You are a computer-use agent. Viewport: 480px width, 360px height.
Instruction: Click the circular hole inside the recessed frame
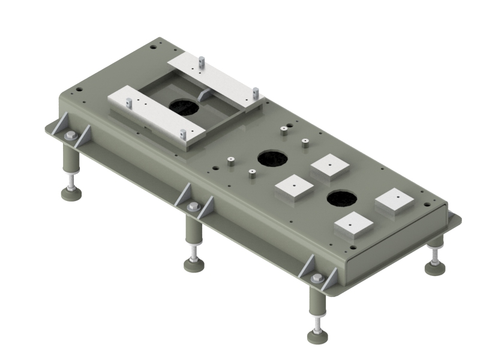183,107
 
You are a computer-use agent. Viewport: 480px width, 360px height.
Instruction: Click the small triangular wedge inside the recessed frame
204,95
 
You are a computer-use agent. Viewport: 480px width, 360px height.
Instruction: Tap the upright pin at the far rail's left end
202,61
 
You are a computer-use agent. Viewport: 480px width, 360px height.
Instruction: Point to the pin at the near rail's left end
129,102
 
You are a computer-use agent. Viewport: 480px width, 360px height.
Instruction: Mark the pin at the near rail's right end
182,134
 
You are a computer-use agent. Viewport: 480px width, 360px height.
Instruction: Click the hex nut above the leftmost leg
70,135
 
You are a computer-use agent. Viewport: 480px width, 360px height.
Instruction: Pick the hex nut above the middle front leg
192,207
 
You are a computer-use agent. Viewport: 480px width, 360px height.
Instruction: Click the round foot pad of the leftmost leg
72,193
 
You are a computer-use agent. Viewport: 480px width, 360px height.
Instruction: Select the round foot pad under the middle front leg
193,265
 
